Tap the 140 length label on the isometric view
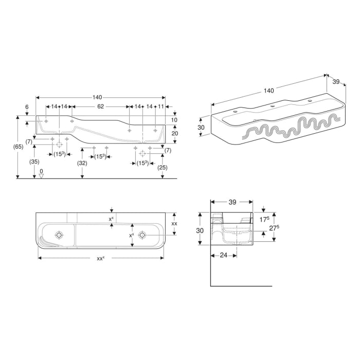pyautogui.click(x=268, y=91)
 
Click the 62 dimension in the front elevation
pyautogui.click(x=101, y=106)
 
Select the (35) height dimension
pyautogui.click(x=33, y=161)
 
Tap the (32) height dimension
pyautogui.click(x=82, y=163)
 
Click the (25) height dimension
pyautogui.click(x=163, y=168)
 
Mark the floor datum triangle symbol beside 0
pyautogui.click(x=42, y=175)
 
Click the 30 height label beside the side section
pyautogui.click(x=201, y=231)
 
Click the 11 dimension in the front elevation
pyautogui.click(x=160, y=106)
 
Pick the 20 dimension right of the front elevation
pyautogui.click(x=174, y=133)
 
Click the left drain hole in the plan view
pyautogui.click(x=60, y=235)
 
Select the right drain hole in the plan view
pyautogui.click(x=141, y=235)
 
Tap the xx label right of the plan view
pyautogui.click(x=174, y=224)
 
